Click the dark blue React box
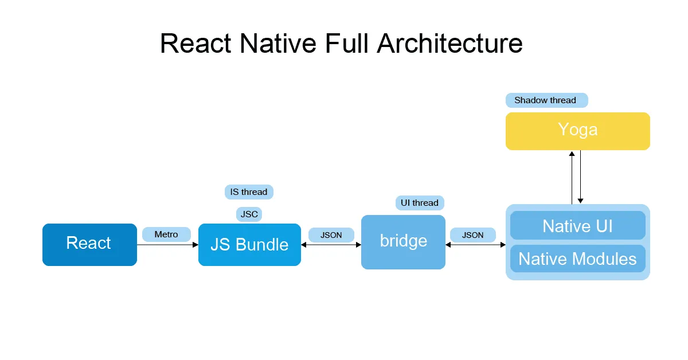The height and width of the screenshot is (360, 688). (89, 244)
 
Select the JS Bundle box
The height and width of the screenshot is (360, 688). (249, 245)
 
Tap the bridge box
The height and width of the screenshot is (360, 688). (403, 241)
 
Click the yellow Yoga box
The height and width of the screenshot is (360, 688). (577, 131)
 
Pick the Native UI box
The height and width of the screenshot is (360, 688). (577, 225)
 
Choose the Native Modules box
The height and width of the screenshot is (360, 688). (577, 259)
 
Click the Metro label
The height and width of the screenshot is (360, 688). (166, 234)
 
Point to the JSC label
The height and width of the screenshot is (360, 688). (249, 214)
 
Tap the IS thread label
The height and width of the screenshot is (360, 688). (249, 192)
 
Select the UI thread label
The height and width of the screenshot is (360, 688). (420, 203)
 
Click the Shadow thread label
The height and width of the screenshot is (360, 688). (546, 100)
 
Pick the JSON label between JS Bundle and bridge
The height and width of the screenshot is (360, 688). (331, 235)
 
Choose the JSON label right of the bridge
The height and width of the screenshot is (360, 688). (473, 235)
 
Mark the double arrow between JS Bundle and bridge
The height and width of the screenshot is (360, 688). (331, 245)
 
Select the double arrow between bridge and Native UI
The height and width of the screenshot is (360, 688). (475, 245)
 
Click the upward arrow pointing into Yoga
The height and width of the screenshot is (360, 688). (572, 177)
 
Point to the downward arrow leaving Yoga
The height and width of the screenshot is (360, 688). (581, 177)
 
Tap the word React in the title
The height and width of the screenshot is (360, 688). (196, 44)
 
